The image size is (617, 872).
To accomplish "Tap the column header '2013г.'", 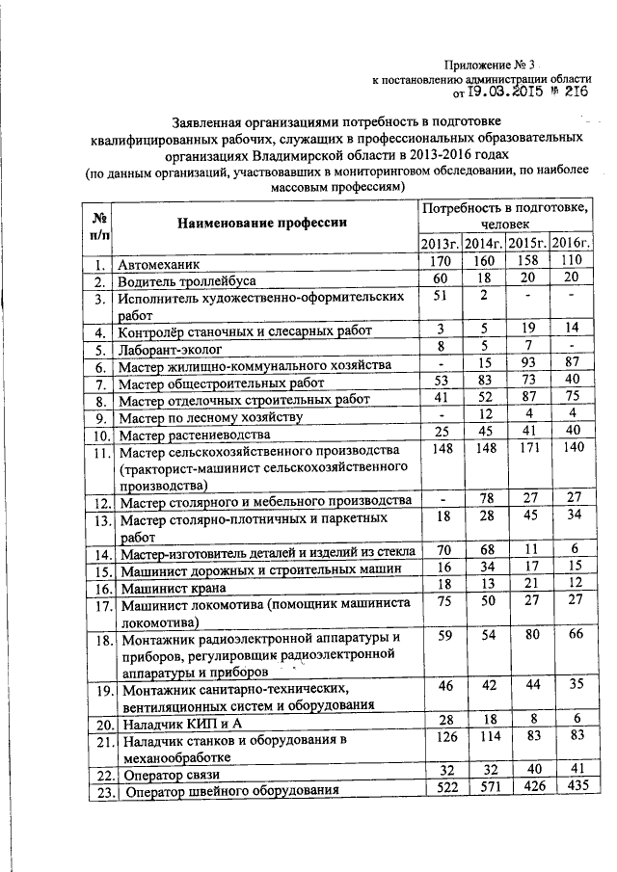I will (x=440, y=242).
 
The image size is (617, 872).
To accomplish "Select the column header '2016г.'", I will (x=574, y=242).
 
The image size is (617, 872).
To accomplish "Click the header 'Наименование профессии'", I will (x=259, y=223).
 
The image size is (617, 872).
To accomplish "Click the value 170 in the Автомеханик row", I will (x=440, y=261).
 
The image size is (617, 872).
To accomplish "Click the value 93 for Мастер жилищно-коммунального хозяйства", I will (x=528, y=364).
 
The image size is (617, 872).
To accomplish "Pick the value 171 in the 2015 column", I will (x=528, y=450).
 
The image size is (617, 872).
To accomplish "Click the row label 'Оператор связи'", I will (x=170, y=775).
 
